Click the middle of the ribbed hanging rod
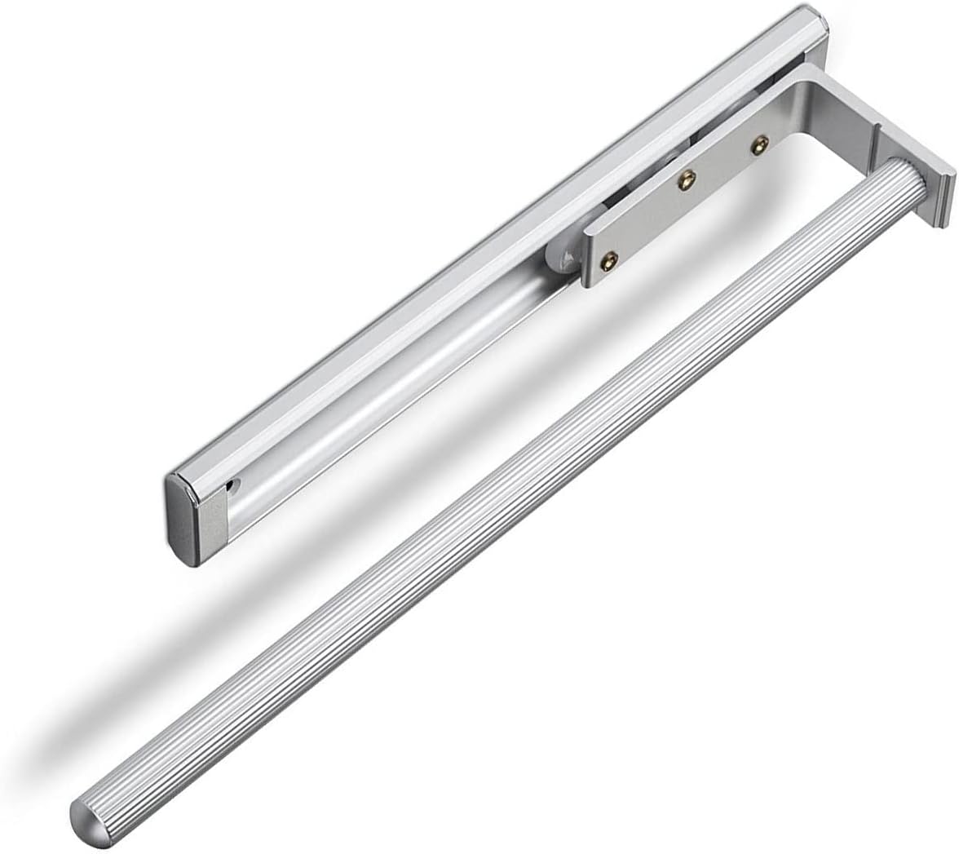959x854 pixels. (489, 506)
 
